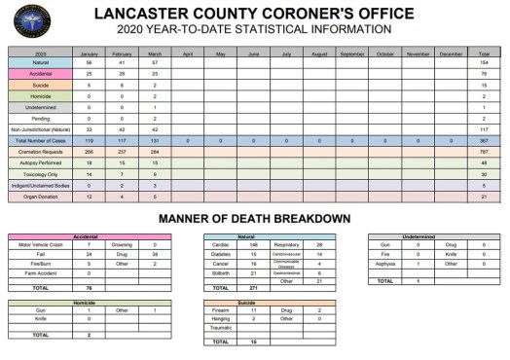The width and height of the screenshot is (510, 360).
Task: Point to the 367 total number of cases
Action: (484, 141)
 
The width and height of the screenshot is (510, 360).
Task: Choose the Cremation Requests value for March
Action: (155, 152)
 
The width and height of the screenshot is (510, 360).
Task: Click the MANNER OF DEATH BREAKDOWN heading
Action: (254, 219)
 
